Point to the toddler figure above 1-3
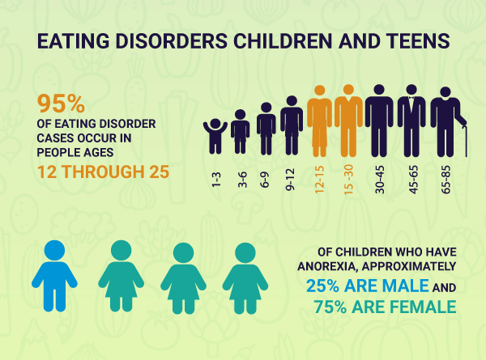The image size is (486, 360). click(x=215, y=135)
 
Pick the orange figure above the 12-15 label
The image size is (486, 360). click(x=318, y=121)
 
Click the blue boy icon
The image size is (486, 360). click(x=54, y=276)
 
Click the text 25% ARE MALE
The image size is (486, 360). click(x=366, y=286)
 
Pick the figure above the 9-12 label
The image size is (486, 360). click(x=292, y=125)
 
